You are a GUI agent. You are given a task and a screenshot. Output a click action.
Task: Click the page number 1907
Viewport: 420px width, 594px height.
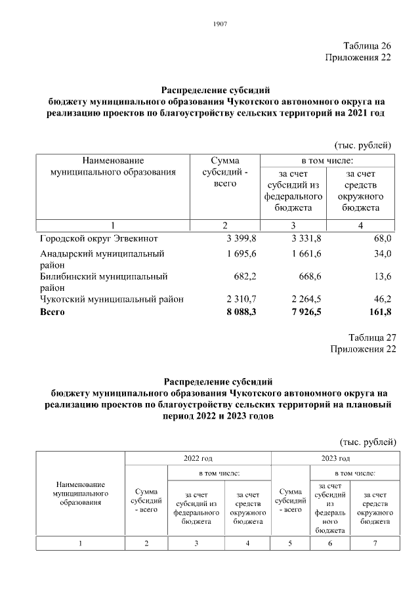point(220,24)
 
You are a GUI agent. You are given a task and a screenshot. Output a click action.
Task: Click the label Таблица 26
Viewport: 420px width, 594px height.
point(367,46)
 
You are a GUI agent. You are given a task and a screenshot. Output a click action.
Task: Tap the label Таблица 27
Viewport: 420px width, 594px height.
point(372,337)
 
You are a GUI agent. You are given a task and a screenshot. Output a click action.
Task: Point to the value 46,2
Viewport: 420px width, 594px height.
point(381,299)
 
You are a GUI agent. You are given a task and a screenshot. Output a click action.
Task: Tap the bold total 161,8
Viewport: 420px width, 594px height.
point(379,312)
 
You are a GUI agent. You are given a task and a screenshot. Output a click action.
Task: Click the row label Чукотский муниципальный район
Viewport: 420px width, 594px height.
point(112,299)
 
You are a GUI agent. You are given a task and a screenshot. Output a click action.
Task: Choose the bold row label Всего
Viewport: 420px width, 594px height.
point(52,312)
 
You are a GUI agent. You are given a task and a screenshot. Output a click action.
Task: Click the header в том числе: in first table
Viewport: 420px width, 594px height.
point(327,160)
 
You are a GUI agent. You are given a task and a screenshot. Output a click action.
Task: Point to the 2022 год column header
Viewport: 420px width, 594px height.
point(197,458)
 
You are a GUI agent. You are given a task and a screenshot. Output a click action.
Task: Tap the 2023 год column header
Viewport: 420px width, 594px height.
point(335,458)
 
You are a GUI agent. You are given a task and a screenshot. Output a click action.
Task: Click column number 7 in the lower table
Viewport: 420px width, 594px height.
point(374,543)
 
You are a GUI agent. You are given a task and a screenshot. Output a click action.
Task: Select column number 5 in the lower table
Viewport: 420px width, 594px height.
point(289,543)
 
